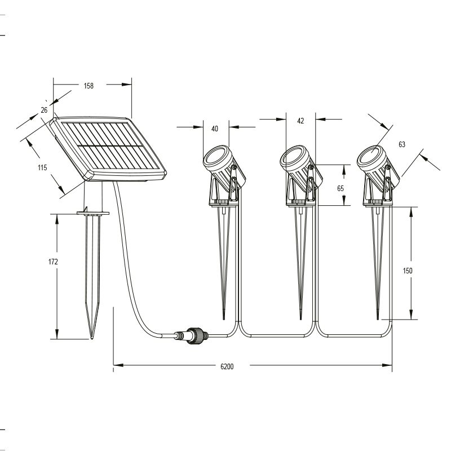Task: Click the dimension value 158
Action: (x=89, y=86)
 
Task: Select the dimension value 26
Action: (x=44, y=110)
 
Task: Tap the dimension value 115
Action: (x=42, y=167)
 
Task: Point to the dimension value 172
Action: (x=53, y=262)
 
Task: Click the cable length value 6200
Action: (x=227, y=366)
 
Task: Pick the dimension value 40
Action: (x=215, y=129)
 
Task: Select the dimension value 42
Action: (x=300, y=121)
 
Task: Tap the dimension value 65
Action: (x=341, y=188)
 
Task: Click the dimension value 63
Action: (x=402, y=144)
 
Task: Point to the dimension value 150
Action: (x=407, y=271)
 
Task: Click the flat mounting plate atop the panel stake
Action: (x=93, y=213)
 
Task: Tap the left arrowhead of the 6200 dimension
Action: (x=118, y=365)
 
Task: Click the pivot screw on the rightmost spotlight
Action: (x=388, y=167)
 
